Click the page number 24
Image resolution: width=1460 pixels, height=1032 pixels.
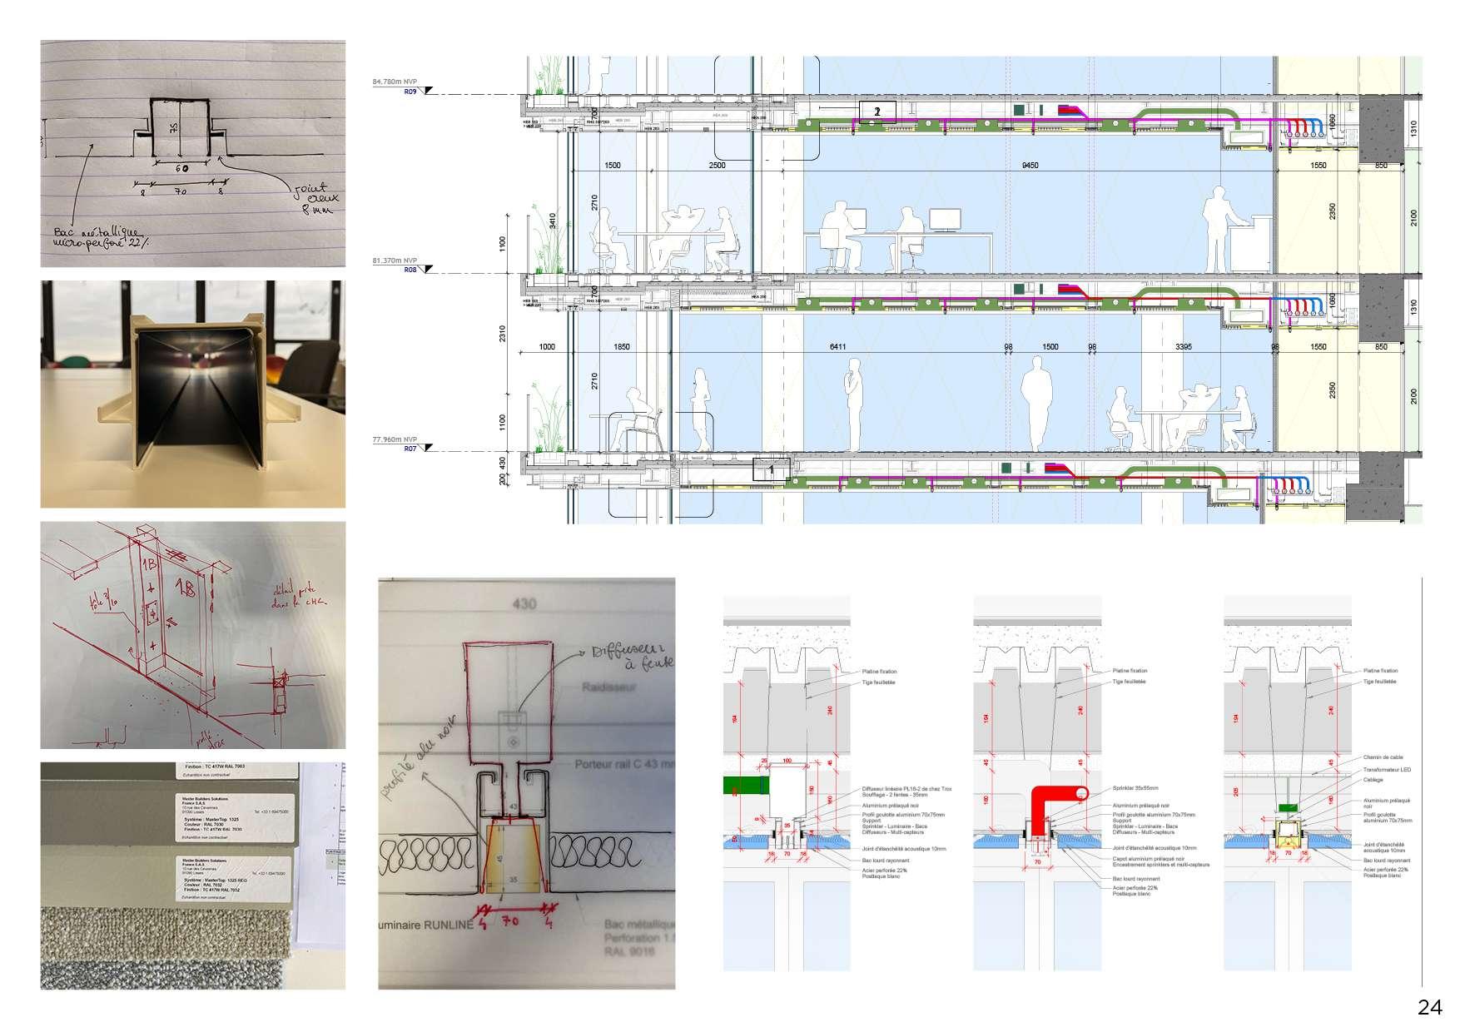[1429, 1008]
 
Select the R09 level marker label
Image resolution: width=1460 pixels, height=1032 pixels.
[410, 92]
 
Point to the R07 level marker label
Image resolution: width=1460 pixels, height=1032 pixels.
[410, 449]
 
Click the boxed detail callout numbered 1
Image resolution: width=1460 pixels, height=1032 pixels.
[770, 469]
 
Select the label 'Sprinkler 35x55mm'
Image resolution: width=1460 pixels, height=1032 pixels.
[1135, 787]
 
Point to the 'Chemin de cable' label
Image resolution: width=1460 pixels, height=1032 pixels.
[1382, 757]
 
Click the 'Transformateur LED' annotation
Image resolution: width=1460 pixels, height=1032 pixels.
[1387, 769]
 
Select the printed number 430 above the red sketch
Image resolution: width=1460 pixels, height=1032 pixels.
[524, 603]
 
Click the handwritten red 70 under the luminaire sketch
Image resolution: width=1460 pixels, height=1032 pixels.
[511, 921]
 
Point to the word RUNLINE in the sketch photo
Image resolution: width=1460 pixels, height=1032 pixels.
[447, 924]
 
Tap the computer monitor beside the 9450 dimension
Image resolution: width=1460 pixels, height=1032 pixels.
[945, 220]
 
